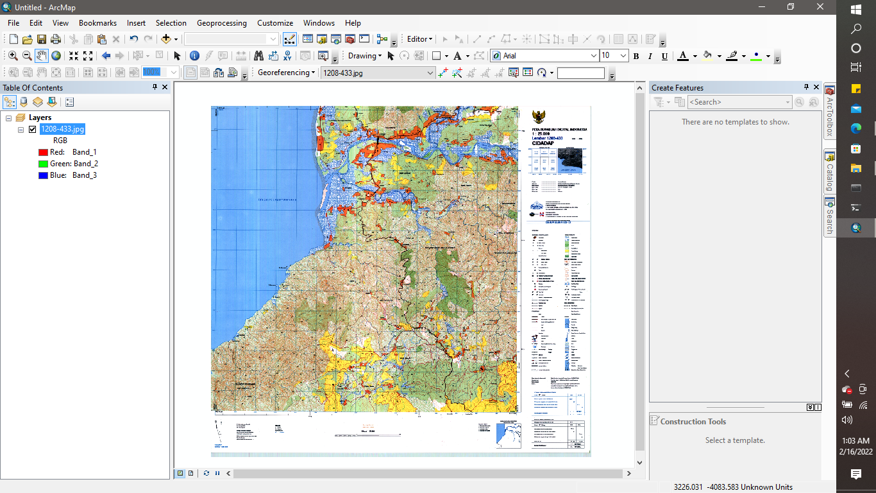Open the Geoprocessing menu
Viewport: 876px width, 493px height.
[x=221, y=23]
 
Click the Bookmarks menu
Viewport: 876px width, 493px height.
[x=97, y=23]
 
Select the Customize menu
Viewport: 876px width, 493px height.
[x=275, y=23]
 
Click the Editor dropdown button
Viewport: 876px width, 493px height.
[x=419, y=39]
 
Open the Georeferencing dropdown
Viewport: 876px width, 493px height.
[x=286, y=73]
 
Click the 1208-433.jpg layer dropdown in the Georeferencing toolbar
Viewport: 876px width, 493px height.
[x=377, y=73]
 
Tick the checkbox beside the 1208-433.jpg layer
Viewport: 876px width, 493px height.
[x=32, y=129]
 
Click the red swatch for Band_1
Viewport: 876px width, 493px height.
[x=43, y=152]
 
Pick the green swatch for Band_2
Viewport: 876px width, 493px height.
[x=43, y=164]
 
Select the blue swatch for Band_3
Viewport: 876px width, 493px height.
[x=43, y=175]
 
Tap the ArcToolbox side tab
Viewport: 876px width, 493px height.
[x=830, y=112]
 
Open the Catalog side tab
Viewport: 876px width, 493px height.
[x=830, y=173]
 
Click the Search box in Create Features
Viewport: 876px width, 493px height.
[x=737, y=102]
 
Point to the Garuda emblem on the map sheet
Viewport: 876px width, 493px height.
[x=539, y=117]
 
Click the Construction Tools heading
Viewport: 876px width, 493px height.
[x=693, y=422]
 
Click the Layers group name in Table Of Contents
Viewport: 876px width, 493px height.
[x=40, y=117]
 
